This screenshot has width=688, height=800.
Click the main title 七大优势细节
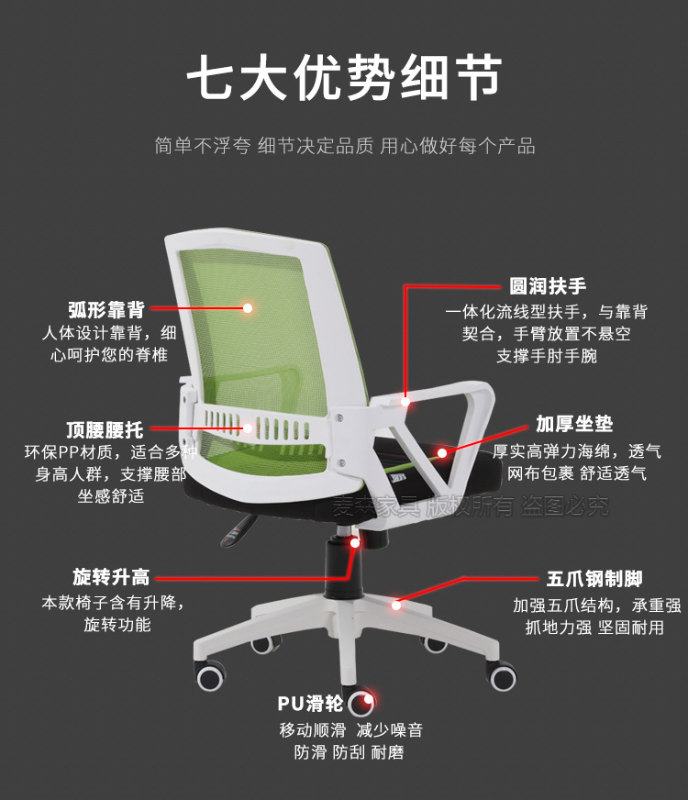pos(344,77)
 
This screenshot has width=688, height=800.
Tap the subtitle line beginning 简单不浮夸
pos(344,146)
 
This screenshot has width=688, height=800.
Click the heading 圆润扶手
pos(548,286)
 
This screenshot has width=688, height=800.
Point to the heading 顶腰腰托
pos(105,428)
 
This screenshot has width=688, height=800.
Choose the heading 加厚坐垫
pos(574,424)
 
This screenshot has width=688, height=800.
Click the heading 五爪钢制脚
pos(594,579)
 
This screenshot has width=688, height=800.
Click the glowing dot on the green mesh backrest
pos(248,308)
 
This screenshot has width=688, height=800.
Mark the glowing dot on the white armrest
pos(406,400)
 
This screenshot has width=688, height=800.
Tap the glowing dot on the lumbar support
pos(248,428)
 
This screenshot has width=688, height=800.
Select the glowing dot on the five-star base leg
pos(396,605)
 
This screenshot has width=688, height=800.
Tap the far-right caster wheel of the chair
pos(503,678)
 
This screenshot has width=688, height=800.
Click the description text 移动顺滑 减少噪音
pos(350,730)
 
